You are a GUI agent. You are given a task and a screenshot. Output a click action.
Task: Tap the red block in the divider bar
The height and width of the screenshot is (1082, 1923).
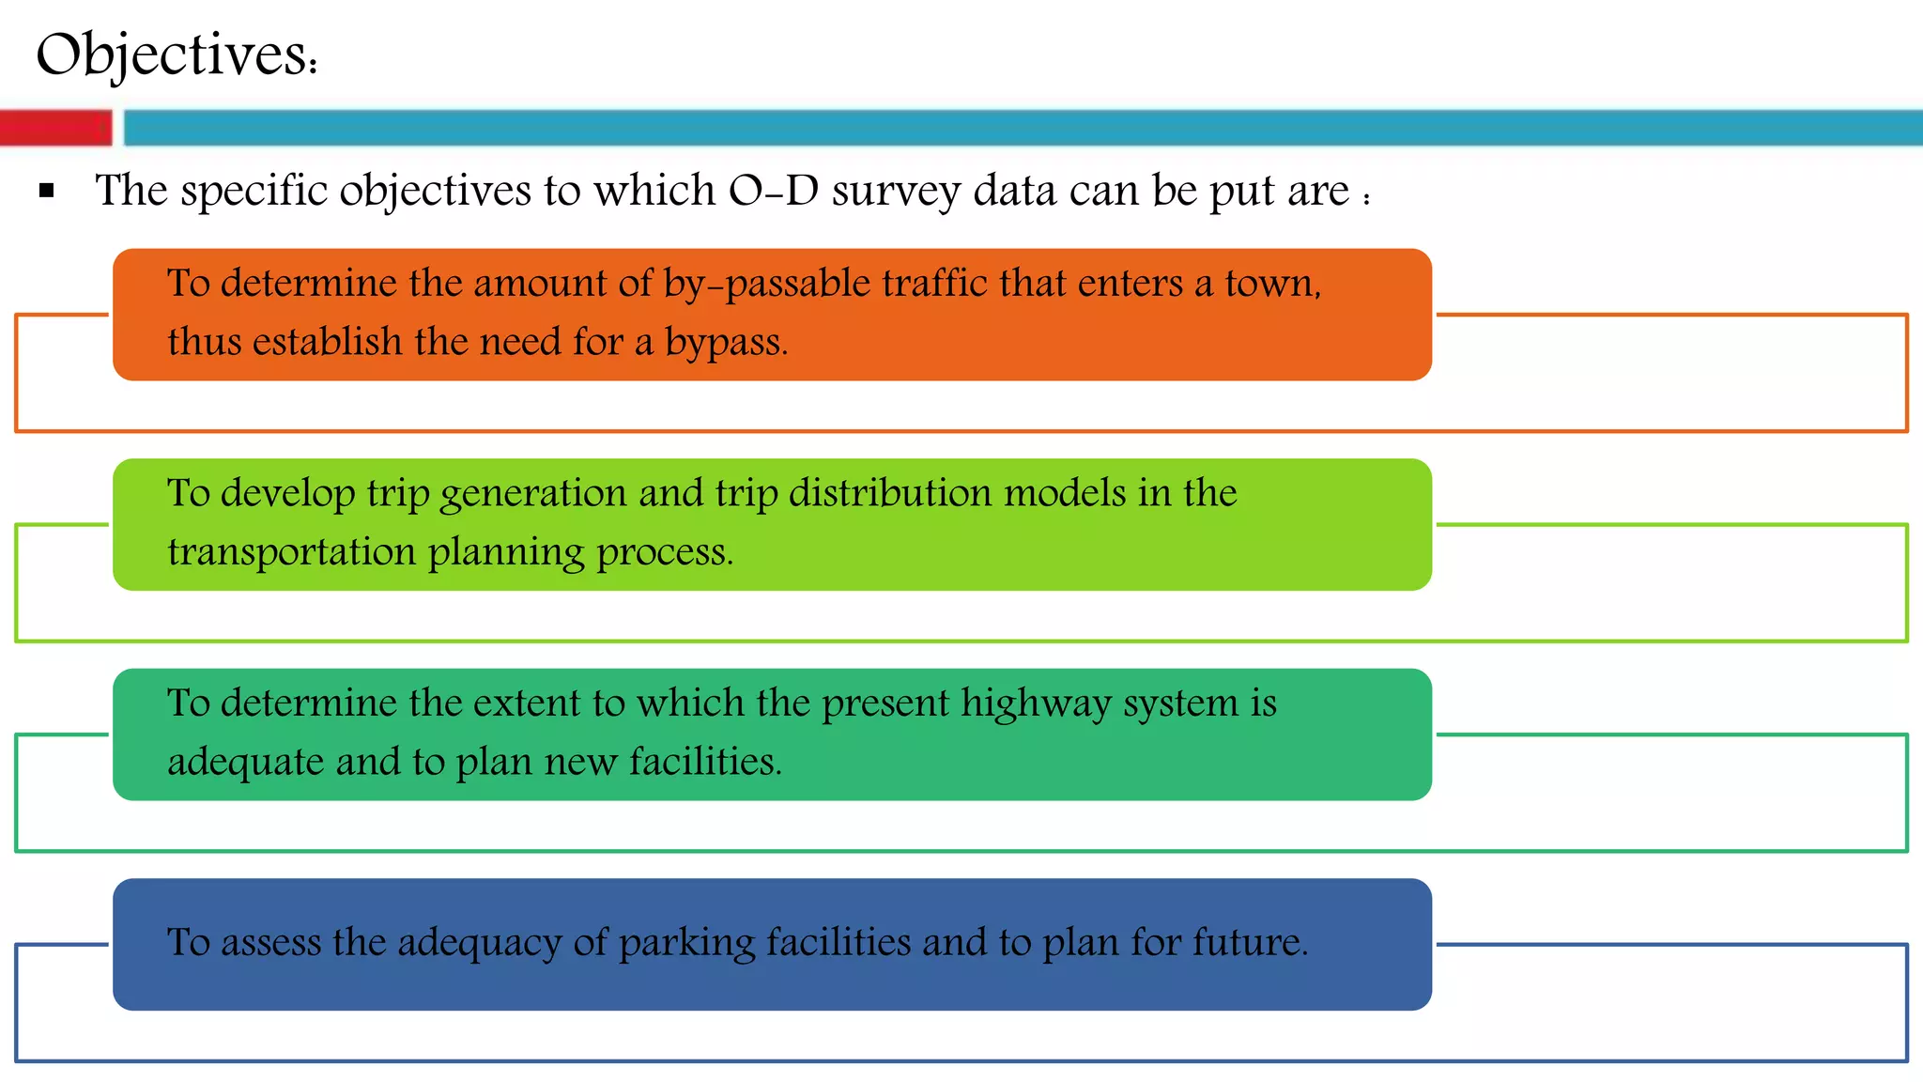point(55,128)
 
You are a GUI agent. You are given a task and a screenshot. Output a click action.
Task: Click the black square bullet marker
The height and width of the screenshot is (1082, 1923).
point(47,192)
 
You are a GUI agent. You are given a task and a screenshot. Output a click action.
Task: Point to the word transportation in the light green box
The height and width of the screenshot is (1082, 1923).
point(291,552)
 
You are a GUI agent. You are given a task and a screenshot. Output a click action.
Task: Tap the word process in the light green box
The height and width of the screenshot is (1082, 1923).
point(664,552)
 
